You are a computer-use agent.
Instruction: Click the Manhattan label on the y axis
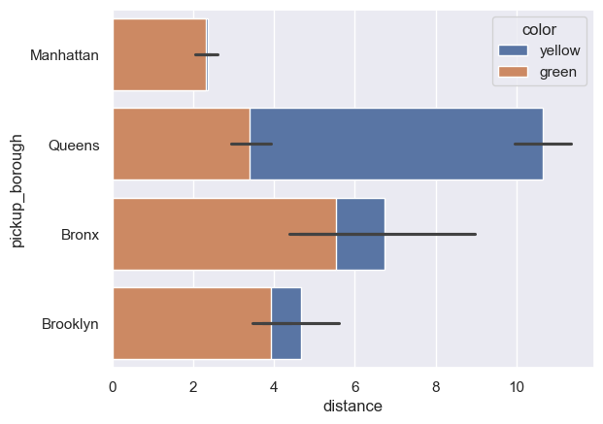point(64,55)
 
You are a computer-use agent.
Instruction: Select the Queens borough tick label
point(74,145)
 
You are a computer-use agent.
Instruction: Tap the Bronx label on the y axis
point(80,235)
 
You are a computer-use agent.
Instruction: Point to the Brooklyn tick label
point(70,324)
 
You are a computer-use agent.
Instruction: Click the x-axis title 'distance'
point(352,405)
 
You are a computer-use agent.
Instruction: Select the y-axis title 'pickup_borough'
point(18,190)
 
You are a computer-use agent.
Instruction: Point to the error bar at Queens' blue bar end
point(543,144)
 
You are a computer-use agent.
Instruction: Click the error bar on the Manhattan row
point(208,54)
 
